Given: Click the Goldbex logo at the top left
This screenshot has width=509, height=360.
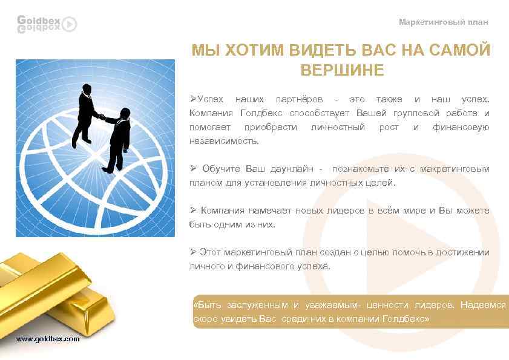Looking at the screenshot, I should coord(47,24).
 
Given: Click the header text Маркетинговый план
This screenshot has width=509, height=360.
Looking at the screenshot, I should coord(443,22).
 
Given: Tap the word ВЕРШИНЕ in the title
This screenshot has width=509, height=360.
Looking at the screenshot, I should coord(342,70).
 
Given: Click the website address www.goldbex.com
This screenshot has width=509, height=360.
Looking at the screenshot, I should coord(48,339).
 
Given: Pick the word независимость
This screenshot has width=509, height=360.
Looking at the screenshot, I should coord(223,141).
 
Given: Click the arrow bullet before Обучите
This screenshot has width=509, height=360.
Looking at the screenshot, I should coord(192,168).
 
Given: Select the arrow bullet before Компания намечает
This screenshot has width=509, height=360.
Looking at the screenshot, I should coord(192,211).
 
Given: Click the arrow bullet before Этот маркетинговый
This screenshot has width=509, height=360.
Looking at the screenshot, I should coord(192,252).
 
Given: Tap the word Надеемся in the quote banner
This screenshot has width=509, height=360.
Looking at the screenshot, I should coord(482,306).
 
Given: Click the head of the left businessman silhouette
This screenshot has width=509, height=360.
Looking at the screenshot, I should coord(87,89).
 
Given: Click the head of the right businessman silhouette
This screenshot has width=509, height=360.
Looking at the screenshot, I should coord(125,112).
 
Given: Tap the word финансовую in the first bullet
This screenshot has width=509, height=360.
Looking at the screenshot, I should coord(461,127).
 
